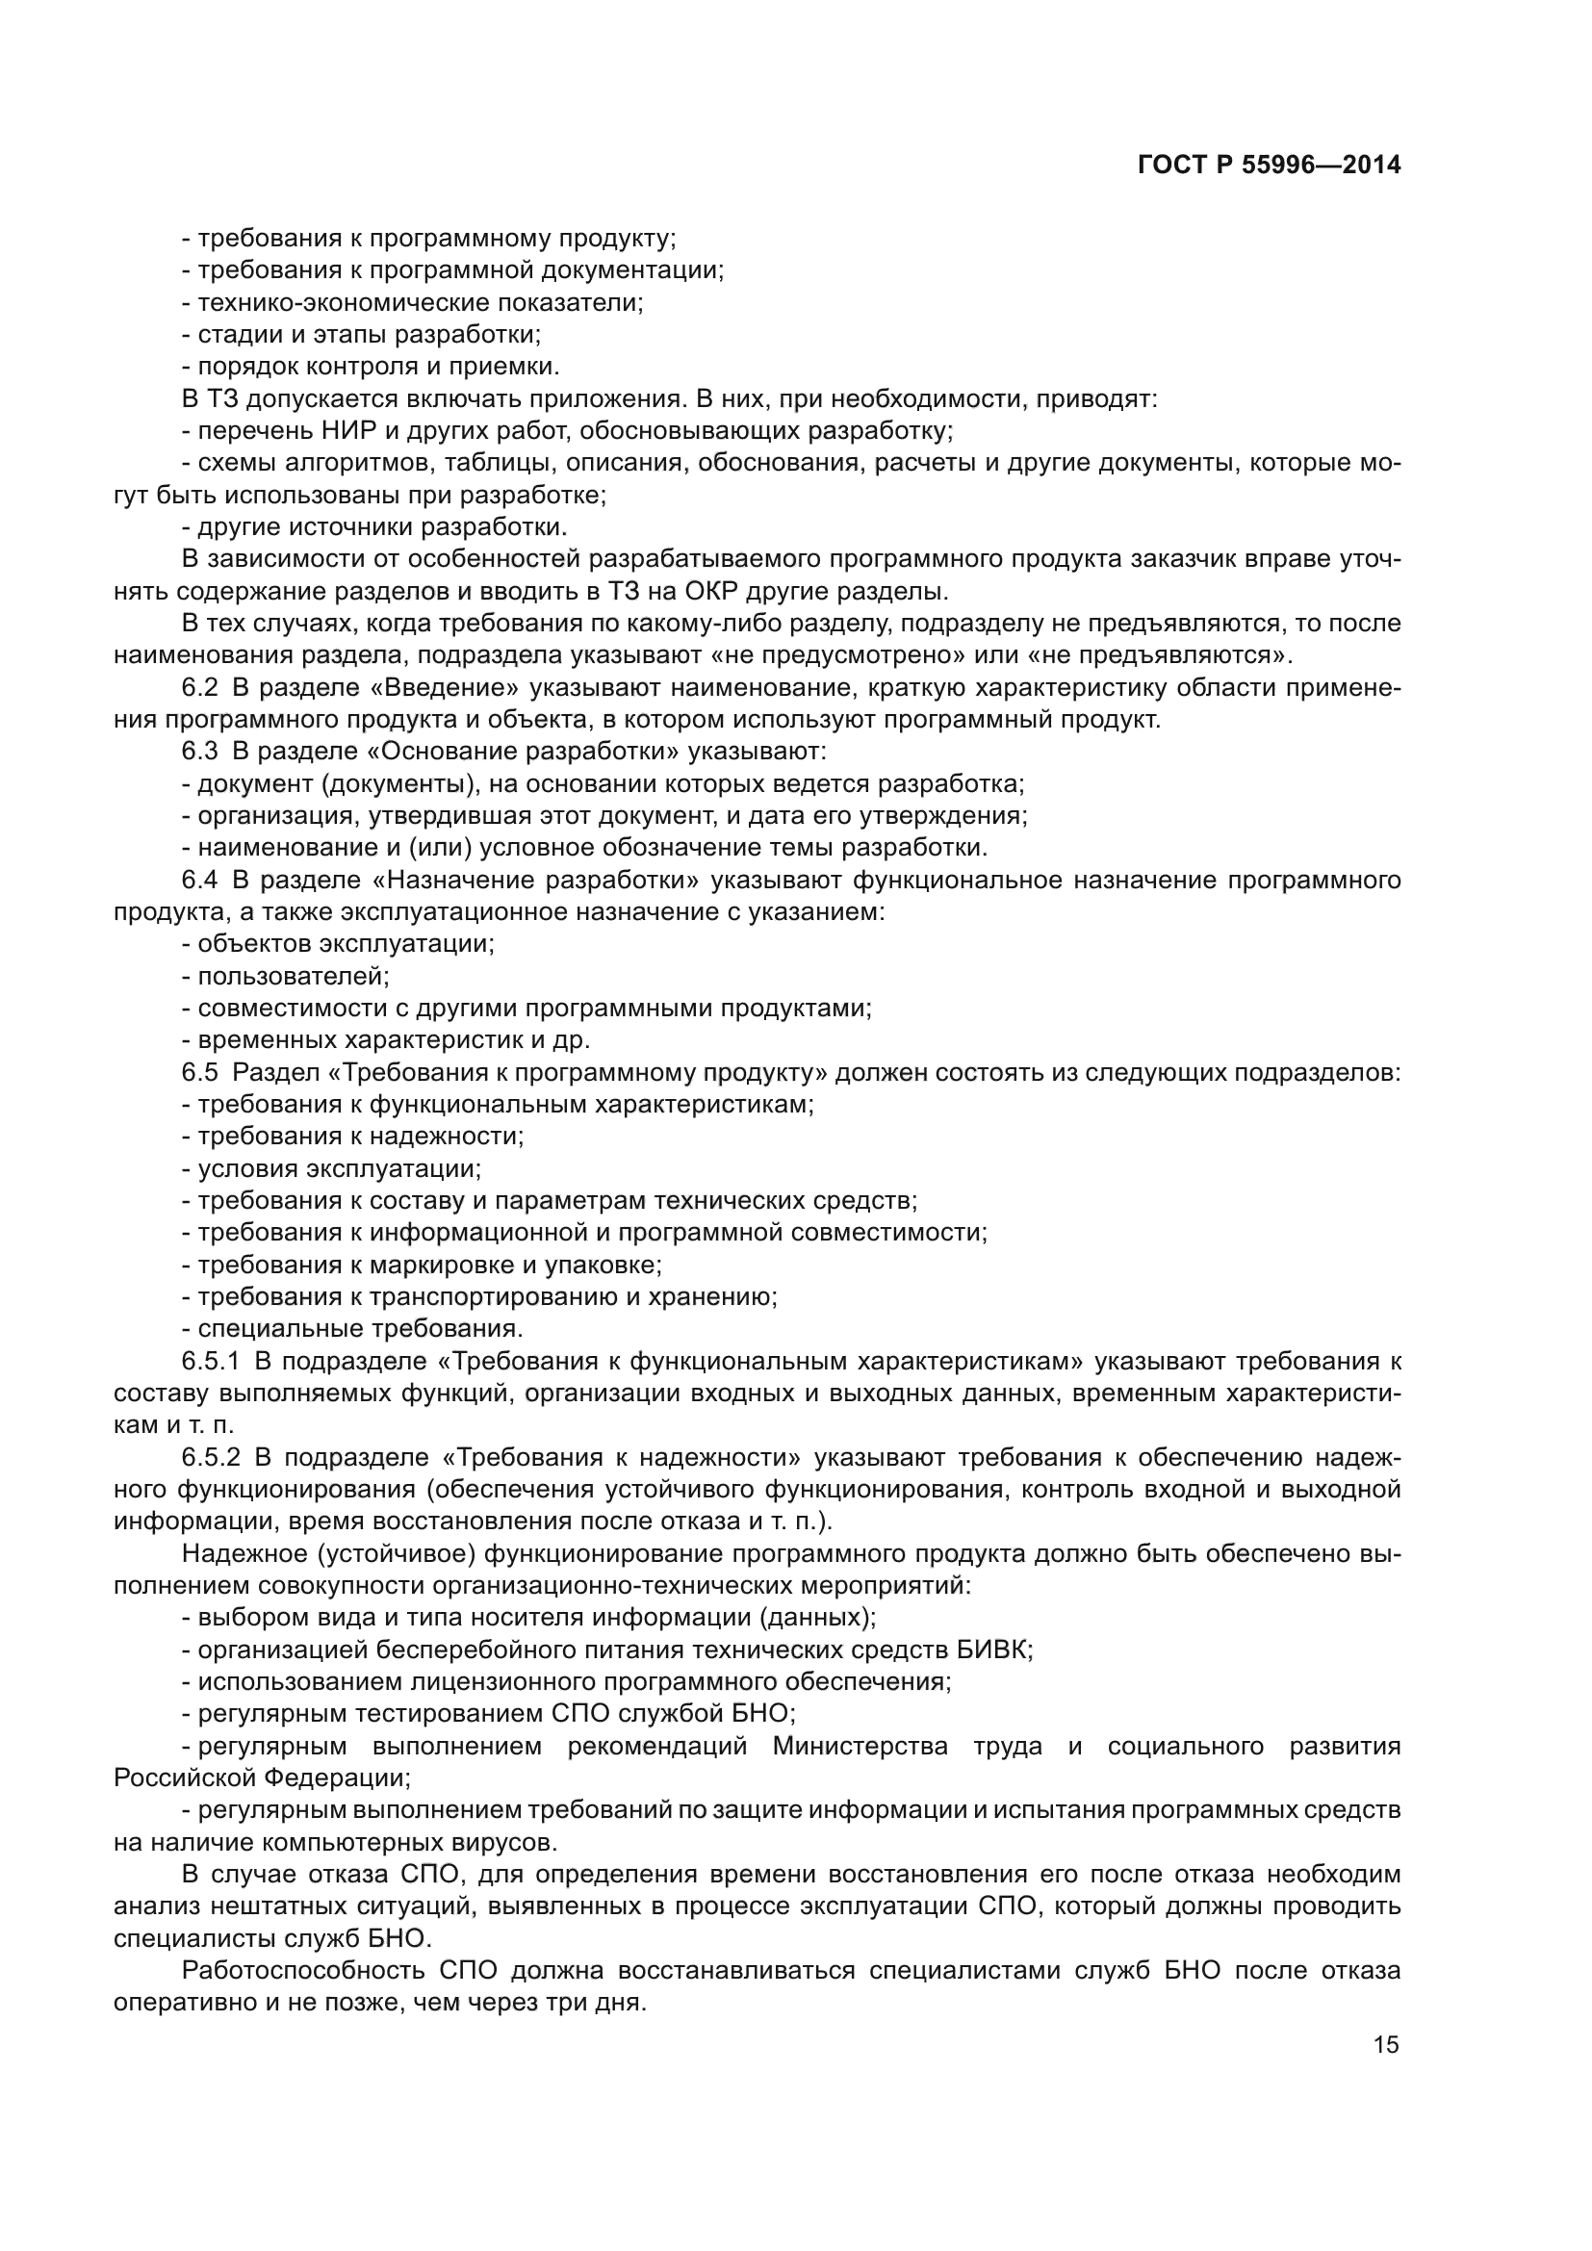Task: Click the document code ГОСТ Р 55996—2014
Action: click(1269, 166)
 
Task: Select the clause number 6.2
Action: click(200, 688)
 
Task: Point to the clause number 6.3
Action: click(200, 752)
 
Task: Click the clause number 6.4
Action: click(200, 881)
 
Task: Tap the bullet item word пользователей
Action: click(294, 977)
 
